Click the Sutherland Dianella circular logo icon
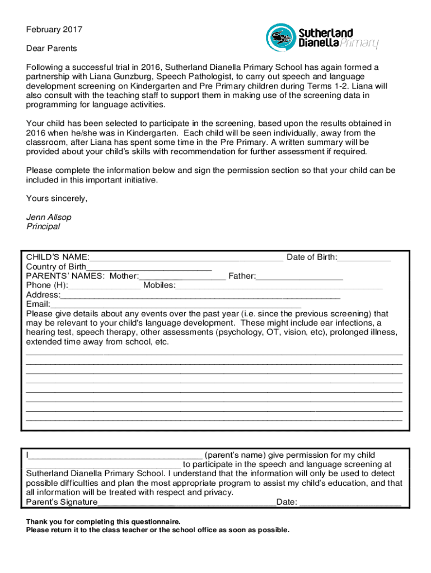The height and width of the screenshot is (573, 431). [278, 37]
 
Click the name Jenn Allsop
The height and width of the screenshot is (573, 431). [49, 217]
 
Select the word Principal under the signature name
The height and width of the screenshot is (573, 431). [43, 227]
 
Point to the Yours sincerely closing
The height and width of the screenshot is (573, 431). [57, 198]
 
